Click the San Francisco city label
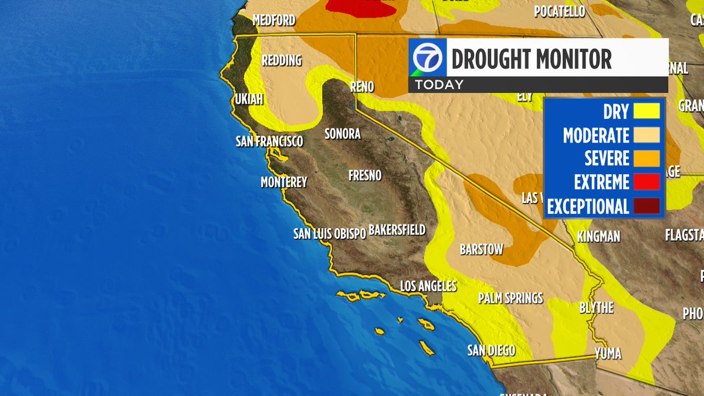[269, 141]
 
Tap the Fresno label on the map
[364, 175]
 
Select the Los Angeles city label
[428, 286]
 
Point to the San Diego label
[491, 351]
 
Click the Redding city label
[281, 60]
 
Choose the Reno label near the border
[361, 87]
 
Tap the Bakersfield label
[397, 229]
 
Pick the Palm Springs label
[510, 298]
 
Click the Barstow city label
[481, 249]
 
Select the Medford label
[273, 21]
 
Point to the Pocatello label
[560, 11]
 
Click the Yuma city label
[607, 353]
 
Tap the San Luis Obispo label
[329, 233]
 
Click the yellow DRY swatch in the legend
[645, 111]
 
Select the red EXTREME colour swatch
[645, 182]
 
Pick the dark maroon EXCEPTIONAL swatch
[645, 206]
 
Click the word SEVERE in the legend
[607, 158]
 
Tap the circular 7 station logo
[427, 57]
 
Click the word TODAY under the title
[439, 84]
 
